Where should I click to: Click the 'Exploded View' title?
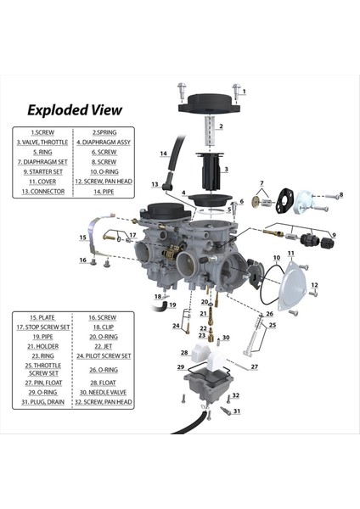click(x=75, y=109)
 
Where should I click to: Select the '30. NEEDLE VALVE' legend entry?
click(x=103, y=393)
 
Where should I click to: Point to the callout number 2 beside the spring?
click(x=220, y=126)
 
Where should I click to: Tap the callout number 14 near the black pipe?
click(x=164, y=154)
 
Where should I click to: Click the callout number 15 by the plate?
click(x=83, y=238)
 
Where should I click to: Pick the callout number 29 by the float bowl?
click(x=180, y=367)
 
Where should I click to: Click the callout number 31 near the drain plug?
click(x=237, y=411)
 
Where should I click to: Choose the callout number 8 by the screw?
click(x=340, y=195)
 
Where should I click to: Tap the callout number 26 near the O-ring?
click(x=269, y=314)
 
